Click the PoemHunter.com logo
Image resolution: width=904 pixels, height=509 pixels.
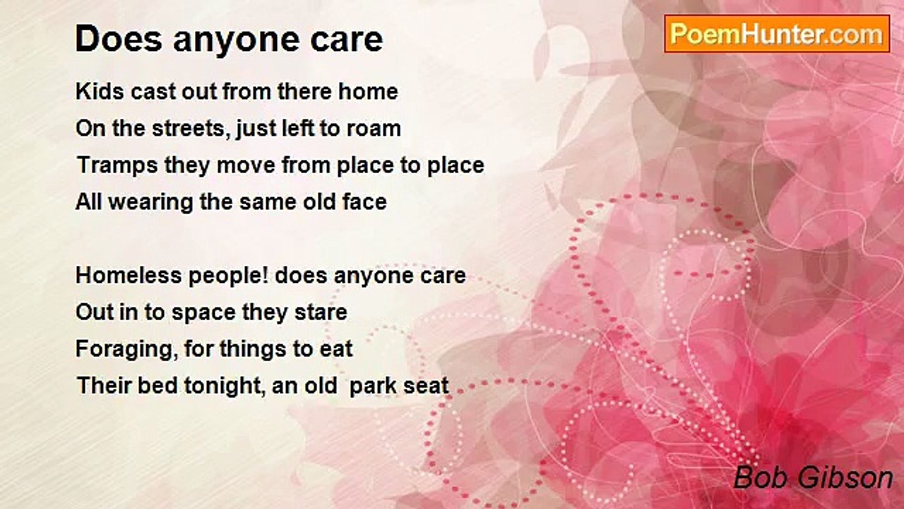(777, 34)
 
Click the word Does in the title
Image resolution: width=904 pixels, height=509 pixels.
(119, 39)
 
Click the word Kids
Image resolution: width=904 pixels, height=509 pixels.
(100, 91)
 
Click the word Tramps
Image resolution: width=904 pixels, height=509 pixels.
(117, 165)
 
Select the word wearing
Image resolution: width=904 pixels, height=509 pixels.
(150, 202)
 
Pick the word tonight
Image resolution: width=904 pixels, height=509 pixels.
(225, 386)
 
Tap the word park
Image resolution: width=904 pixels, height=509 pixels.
(368, 386)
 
